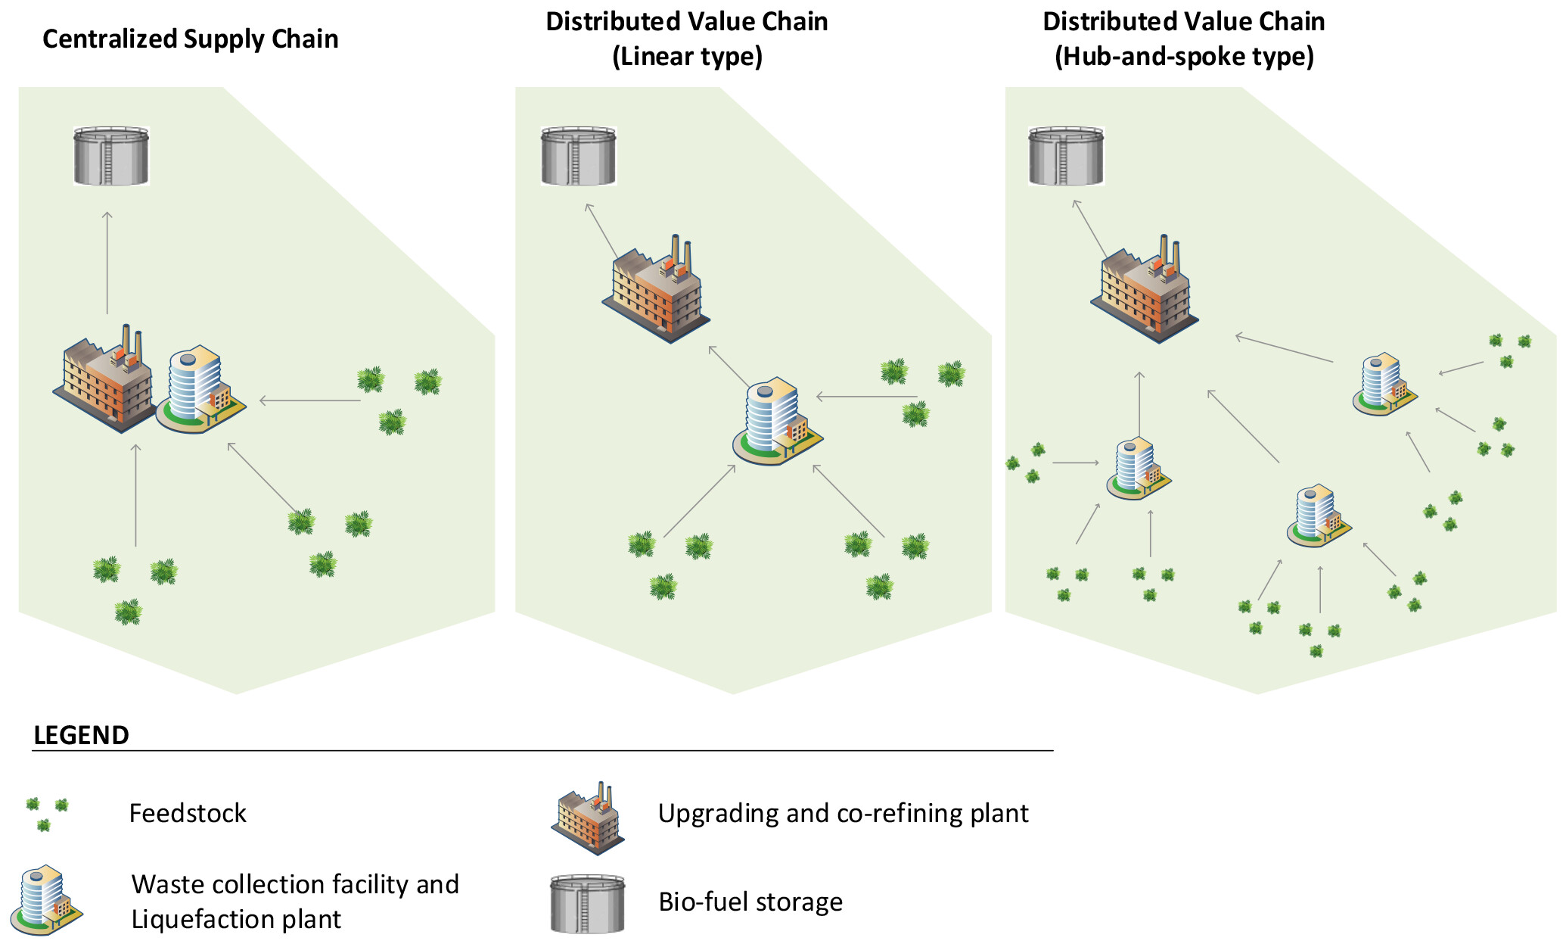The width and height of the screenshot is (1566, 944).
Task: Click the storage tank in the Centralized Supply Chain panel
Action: point(111,156)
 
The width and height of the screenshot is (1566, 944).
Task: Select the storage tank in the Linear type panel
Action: point(579,156)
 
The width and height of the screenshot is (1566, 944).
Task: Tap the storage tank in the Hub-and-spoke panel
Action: point(1066,156)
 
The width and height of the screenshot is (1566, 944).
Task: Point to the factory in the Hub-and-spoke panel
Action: point(1145,291)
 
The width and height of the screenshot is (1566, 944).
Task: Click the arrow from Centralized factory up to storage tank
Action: point(107,262)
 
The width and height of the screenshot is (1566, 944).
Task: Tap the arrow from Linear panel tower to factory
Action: point(729,366)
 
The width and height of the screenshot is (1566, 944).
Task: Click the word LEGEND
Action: point(82,735)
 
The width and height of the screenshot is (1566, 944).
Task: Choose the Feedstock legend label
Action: point(188,813)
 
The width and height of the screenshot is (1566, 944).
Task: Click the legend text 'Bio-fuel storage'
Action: point(750,902)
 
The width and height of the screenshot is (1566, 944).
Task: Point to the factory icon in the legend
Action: point(588,818)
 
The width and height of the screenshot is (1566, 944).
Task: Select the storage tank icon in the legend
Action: point(588,904)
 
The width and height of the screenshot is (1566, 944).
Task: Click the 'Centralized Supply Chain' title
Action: point(191,39)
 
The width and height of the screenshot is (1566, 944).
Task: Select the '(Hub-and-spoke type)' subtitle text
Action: point(1184,56)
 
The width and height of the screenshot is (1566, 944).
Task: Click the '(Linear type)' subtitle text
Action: point(687,56)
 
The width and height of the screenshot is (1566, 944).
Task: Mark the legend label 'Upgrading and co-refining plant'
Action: point(843,813)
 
